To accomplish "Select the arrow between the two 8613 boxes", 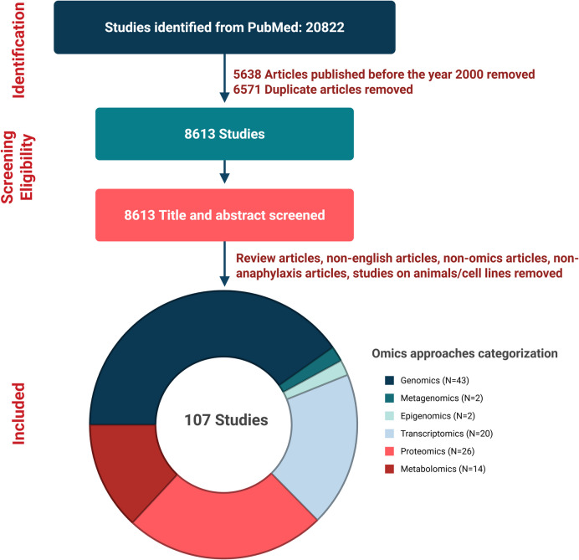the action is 225,174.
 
